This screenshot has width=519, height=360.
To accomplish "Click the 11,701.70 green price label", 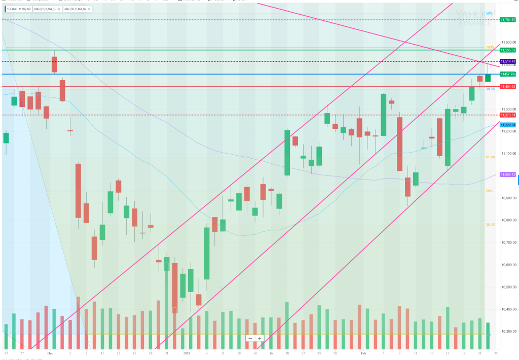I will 507,20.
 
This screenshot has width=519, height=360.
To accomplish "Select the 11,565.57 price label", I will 507,50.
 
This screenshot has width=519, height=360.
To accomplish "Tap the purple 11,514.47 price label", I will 507,61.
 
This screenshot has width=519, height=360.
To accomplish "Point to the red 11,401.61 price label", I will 507,87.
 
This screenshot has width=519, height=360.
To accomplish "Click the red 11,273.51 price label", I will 507,115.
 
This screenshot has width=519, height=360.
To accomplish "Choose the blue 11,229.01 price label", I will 507,125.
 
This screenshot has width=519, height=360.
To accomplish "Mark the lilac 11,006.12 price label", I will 507,175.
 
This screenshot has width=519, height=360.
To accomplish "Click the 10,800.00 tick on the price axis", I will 507,220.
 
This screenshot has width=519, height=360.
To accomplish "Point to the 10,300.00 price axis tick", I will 507,331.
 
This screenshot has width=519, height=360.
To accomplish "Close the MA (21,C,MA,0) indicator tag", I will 60,9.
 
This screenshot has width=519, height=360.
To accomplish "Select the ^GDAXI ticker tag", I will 18,9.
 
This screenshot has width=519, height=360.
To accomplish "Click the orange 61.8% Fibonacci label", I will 490,157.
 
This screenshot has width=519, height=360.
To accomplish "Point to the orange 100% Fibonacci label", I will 490,47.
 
